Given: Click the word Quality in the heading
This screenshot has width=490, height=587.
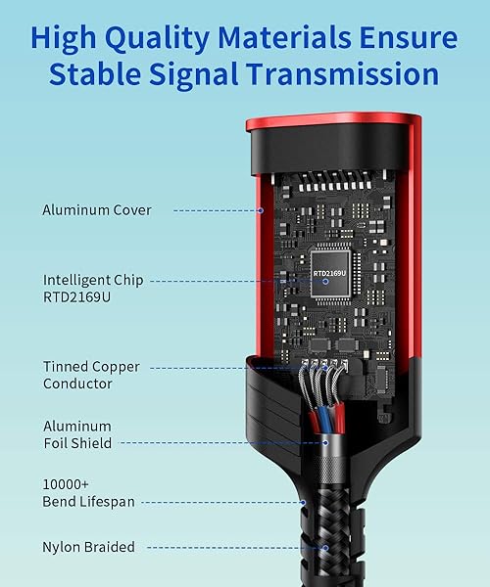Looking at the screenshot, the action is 157,39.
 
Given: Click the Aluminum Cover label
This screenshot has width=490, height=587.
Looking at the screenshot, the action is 97,210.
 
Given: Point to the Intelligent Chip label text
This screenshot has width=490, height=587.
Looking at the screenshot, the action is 93,280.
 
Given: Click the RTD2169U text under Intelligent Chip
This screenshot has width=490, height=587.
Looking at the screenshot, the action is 76,297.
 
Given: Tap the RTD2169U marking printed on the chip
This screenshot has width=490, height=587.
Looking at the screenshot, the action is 330,273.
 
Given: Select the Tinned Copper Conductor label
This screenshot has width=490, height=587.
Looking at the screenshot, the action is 91,375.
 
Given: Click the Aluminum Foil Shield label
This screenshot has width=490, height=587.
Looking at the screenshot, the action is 77,434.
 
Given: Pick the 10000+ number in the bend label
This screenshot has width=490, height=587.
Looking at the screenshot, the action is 66,484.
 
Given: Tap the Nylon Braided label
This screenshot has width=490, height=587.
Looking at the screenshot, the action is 88,547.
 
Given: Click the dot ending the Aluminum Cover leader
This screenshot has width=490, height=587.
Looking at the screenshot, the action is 261,210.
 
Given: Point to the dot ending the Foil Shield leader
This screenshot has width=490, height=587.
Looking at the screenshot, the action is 325,443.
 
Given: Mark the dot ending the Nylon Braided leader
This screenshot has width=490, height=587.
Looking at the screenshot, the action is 325,548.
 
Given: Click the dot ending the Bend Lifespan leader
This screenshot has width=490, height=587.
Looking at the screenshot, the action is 303,503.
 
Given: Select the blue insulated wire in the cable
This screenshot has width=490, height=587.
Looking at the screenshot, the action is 324,419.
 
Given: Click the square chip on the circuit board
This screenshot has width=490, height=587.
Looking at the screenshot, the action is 330,273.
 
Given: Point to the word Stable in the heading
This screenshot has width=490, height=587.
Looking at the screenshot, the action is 95,74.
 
